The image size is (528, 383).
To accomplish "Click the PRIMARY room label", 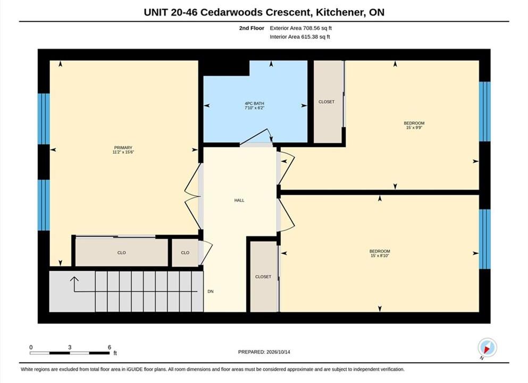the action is [x=123, y=147].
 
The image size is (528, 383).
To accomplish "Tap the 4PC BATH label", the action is [x=254, y=103].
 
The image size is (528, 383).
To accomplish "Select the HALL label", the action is [x=239, y=201].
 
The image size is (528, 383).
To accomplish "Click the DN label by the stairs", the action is [x=211, y=292].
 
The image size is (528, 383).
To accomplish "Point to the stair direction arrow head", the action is [x=74, y=280].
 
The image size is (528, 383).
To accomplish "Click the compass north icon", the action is [x=487, y=348].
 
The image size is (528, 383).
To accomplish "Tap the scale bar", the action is [x=70, y=353].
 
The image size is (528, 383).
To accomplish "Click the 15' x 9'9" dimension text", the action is [x=414, y=128].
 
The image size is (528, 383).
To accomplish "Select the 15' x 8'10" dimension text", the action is [x=380, y=256].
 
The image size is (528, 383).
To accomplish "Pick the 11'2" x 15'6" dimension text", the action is [x=123, y=152].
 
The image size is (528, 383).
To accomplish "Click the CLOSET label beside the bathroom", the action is [x=326, y=102].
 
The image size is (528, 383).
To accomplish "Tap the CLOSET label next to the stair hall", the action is [x=263, y=277].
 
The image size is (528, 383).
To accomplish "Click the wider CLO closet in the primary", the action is [x=122, y=252].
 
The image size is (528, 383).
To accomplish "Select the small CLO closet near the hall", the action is [x=185, y=253].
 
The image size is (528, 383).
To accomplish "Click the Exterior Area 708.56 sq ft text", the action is [x=301, y=28].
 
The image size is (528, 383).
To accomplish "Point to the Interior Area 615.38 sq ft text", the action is [x=300, y=37].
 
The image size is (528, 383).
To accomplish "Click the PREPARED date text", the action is [x=264, y=352].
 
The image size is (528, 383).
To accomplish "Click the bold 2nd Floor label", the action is [x=252, y=28].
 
